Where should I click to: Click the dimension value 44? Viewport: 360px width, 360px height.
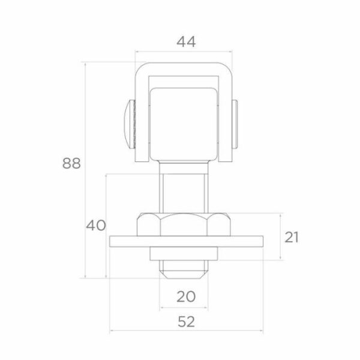click(187, 41)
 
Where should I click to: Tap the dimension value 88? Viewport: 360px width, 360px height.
click(71, 163)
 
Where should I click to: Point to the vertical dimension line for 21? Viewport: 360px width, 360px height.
click(280, 236)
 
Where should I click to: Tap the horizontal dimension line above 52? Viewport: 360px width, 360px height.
click(187, 332)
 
